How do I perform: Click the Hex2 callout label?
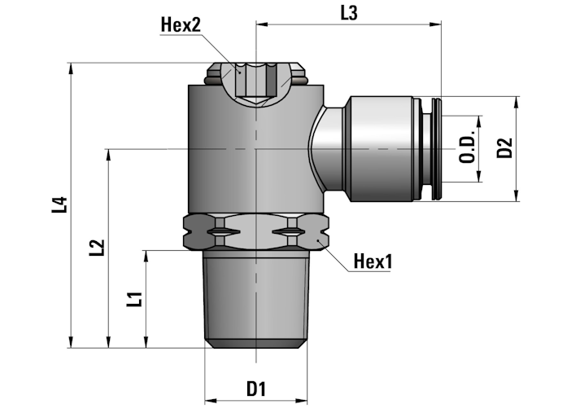pyautogui.click(x=181, y=24)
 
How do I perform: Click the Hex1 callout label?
pyautogui.click(x=373, y=261)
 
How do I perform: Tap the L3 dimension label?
pyautogui.click(x=349, y=13)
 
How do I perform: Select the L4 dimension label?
pyautogui.click(x=60, y=204)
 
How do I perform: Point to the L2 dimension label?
pyautogui.click(x=97, y=248)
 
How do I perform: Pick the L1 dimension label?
pyautogui.click(x=134, y=299)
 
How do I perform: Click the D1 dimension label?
pyautogui.click(x=256, y=389)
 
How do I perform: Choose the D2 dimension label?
pyautogui.click(x=504, y=147)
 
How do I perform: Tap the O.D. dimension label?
pyautogui.click(x=467, y=147)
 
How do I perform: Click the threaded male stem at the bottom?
pyautogui.click(x=255, y=299)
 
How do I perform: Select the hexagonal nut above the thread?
pyautogui.click(x=255, y=231)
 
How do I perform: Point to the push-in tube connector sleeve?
pyautogui.click(x=381, y=149)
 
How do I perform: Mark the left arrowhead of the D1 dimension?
pyautogui.click(x=210, y=401)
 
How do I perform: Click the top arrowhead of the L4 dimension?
pyautogui.click(x=70, y=68)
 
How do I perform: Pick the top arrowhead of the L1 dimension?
pyautogui.click(x=146, y=256)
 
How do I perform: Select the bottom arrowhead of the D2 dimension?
pyautogui.click(x=516, y=196)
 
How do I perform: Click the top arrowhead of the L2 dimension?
pyautogui.click(x=108, y=155)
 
